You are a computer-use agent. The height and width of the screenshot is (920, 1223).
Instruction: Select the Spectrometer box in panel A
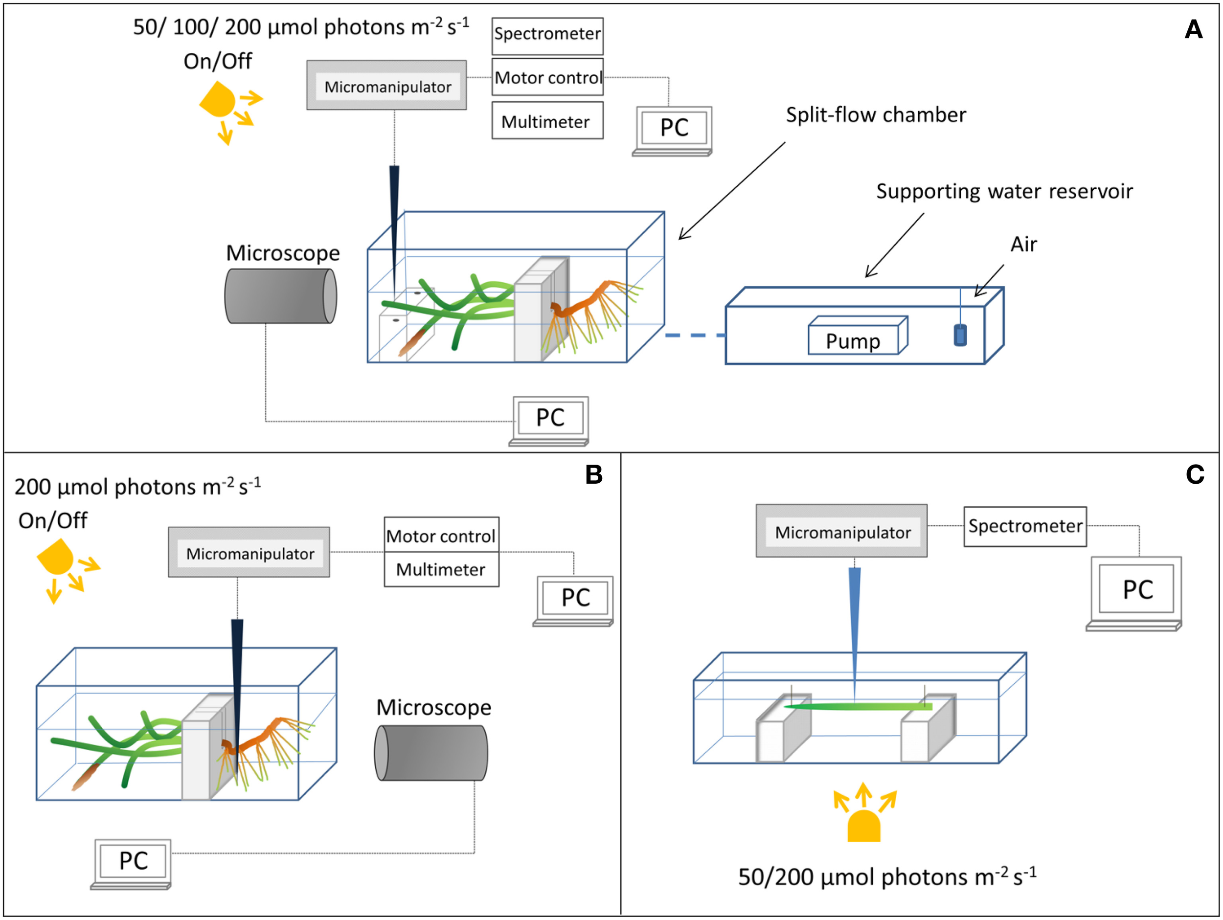pyautogui.click(x=547, y=35)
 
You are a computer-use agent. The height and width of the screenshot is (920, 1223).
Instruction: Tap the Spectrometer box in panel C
pyautogui.click(x=1024, y=526)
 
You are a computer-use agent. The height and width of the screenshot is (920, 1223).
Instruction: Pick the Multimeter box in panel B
pyautogui.click(x=441, y=569)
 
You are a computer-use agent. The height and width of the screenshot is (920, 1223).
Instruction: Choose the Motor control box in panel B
pyautogui.click(x=441, y=535)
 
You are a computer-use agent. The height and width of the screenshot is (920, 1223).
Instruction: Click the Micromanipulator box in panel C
pyautogui.click(x=841, y=531)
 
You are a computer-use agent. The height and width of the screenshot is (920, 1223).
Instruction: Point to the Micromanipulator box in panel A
pyautogui.click(x=387, y=86)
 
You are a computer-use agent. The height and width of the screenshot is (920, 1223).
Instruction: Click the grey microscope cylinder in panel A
pyautogui.click(x=280, y=296)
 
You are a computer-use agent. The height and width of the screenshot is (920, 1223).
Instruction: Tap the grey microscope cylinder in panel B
pyautogui.click(x=431, y=753)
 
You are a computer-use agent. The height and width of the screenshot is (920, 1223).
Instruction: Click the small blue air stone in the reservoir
pyautogui.click(x=960, y=335)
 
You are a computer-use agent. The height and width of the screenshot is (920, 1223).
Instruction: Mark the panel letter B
pyautogui.click(x=594, y=474)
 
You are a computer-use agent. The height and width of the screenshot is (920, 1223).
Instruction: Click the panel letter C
pyautogui.click(x=1194, y=474)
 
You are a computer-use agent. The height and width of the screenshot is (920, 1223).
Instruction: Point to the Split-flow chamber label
pyautogui.click(x=876, y=115)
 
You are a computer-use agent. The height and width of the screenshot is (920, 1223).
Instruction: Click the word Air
pyautogui.click(x=1023, y=245)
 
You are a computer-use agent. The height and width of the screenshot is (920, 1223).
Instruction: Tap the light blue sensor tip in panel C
pyautogui.click(x=855, y=630)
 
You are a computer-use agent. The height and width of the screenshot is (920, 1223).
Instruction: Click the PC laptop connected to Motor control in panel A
pyautogui.click(x=674, y=131)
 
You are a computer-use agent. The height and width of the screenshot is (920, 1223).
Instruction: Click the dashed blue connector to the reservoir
pyautogui.click(x=695, y=335)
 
